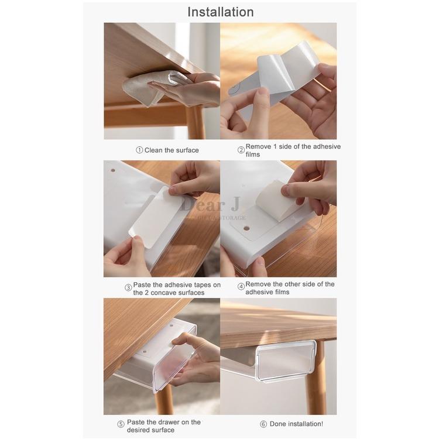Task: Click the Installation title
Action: click(220, 12)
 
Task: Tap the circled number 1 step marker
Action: click(139, 150)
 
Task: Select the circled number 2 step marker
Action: click(241, 150)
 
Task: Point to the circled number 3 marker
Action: click(128, 288)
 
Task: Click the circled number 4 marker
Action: click(241, 287)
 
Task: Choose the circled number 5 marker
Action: click(121, 424)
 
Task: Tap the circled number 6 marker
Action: click(263, 424)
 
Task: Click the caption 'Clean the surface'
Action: click(172, 150)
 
